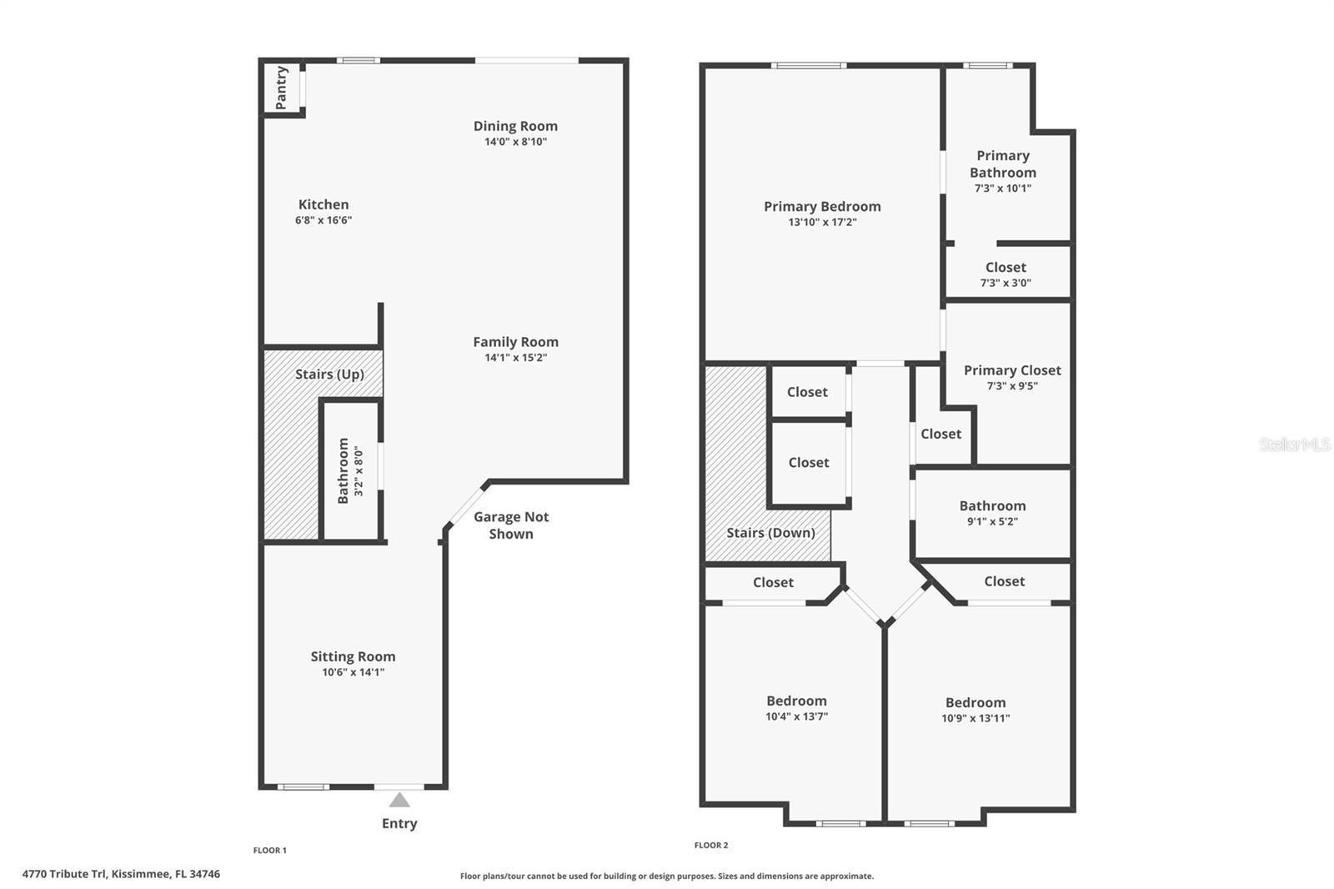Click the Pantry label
[281, 88]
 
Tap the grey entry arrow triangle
[399, 801]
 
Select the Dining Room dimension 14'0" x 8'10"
[515, 142]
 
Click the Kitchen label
[323, 204]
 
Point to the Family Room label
[515, 342]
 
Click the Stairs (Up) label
[329, 374]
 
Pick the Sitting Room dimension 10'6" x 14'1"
[353, 672]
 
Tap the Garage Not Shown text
[511, 525]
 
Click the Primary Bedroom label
[822, 207]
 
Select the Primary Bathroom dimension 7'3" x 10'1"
[1002, 188]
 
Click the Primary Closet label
[1012, 370]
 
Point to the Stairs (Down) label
[770, 533]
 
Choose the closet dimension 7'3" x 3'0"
[1006, 283]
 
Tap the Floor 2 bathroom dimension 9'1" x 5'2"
[992, 522]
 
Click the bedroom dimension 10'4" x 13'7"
[796, 716]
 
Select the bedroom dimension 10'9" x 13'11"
[975, 718]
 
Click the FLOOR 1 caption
[269, 851]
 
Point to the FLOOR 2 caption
[710, 846]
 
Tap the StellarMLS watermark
[1294, 444]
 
